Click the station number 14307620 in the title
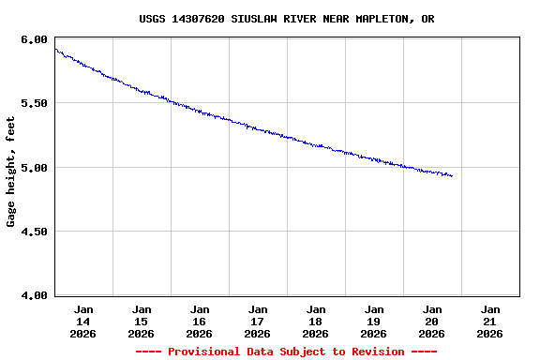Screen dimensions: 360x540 pos(201,19)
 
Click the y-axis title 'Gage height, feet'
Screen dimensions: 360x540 pos(11,172)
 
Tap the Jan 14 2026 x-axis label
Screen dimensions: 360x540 pos(83,321)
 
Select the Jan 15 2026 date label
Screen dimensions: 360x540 pos(142,321)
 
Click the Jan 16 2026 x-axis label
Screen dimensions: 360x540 pos(200,321)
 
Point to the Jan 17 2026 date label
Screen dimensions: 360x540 pos(258,321)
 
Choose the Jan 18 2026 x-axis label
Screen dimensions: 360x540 pos(316,321)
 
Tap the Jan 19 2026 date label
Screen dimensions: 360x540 pos(374,321)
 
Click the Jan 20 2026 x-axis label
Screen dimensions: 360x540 pos(432,321)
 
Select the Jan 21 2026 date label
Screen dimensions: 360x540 pos(490,321)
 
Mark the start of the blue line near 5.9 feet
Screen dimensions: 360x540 pos(56,50)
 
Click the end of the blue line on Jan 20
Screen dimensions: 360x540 pos(452,176)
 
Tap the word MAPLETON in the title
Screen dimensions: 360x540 pos(373,19)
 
